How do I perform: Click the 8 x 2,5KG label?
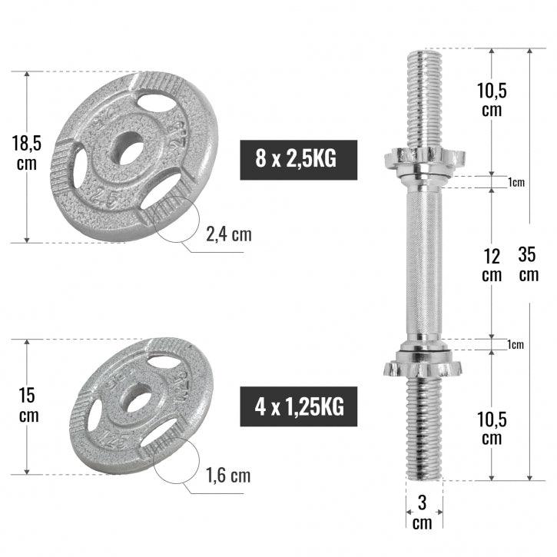[x=299, y=160]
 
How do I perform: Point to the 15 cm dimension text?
[x=28, y=406]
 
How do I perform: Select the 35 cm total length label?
[x=529, y=264]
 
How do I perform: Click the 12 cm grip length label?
[x=492, y=264]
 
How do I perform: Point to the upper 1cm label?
[x=516, y=182]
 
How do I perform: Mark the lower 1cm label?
[x=516, y=345]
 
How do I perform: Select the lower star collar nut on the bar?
[x=423, y=364]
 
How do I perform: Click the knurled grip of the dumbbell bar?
[x=423, y=261]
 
